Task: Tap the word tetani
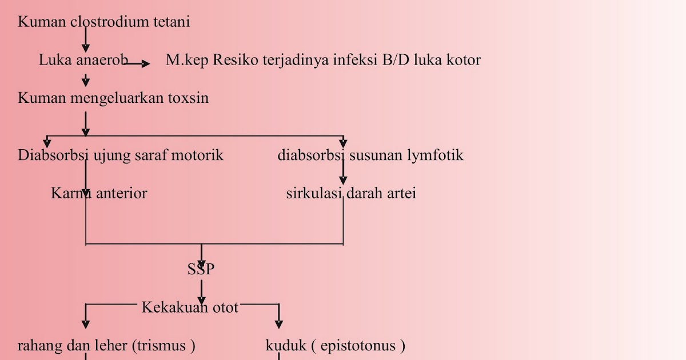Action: click(171, 22)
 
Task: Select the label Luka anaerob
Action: click(83, 60)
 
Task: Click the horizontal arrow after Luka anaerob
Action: click(137, 64)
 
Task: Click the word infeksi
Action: click(355, 60)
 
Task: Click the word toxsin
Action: click(188, 98)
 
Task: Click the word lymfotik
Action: click(436, 155)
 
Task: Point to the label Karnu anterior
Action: click(99, 193)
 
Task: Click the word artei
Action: click(402, 193)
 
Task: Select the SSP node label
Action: click(201, 270)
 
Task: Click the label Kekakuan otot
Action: click(190, 307)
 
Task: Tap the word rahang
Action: click(37, 346)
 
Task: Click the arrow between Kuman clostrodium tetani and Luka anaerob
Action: click(86, 40)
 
